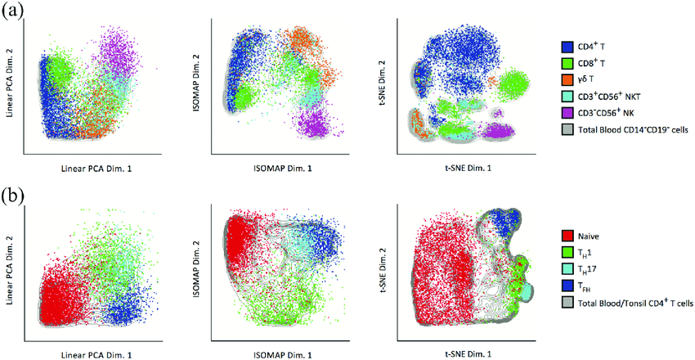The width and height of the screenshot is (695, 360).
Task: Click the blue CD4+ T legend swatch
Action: [567, 47]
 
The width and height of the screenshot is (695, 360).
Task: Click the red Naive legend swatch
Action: [567, 236]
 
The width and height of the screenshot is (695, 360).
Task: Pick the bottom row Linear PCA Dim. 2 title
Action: [11, 263]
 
